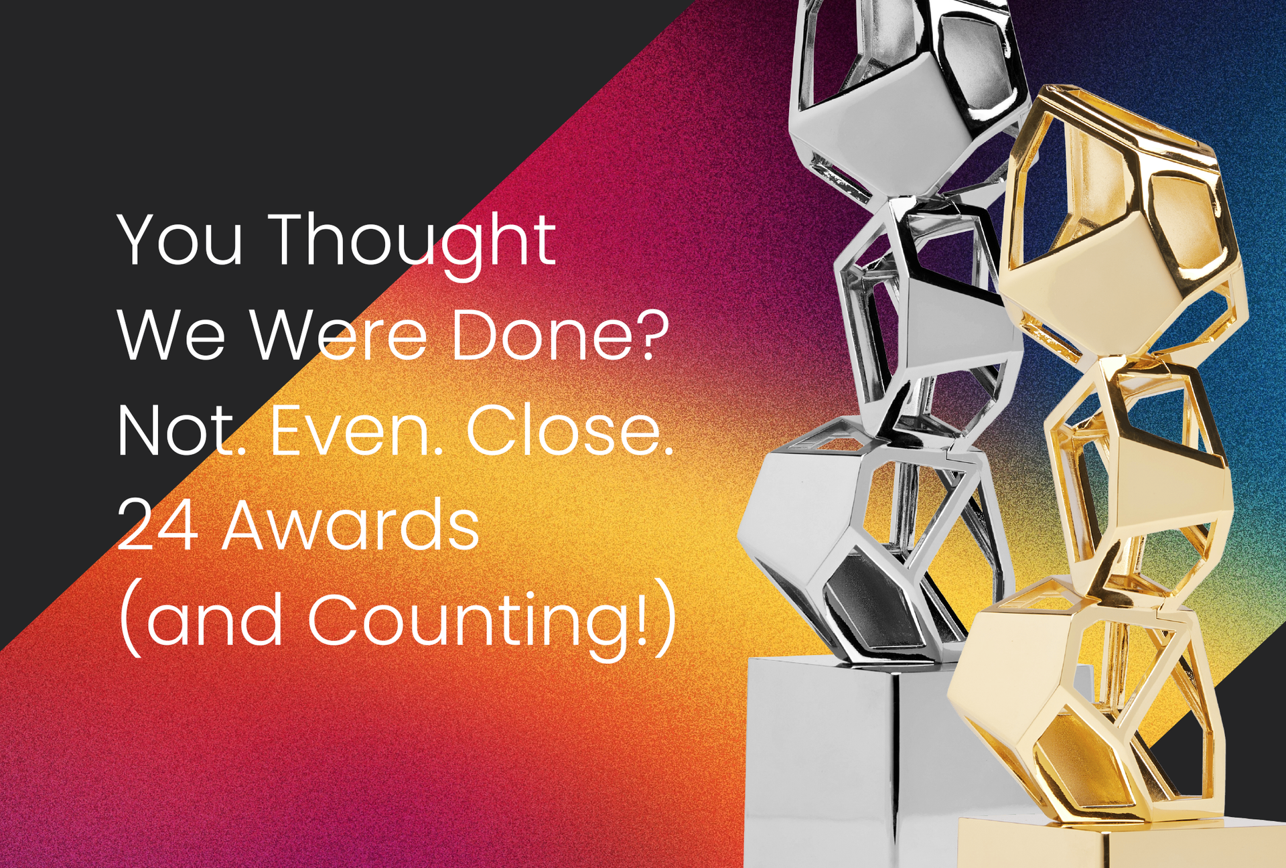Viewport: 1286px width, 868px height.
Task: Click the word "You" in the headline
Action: (x=180, y=240)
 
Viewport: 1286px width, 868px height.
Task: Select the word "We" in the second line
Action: (x=171, y=335)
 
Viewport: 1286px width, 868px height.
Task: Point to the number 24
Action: (x=157, y=526)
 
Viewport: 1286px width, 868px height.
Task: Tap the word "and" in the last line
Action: (x=214, y=622)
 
